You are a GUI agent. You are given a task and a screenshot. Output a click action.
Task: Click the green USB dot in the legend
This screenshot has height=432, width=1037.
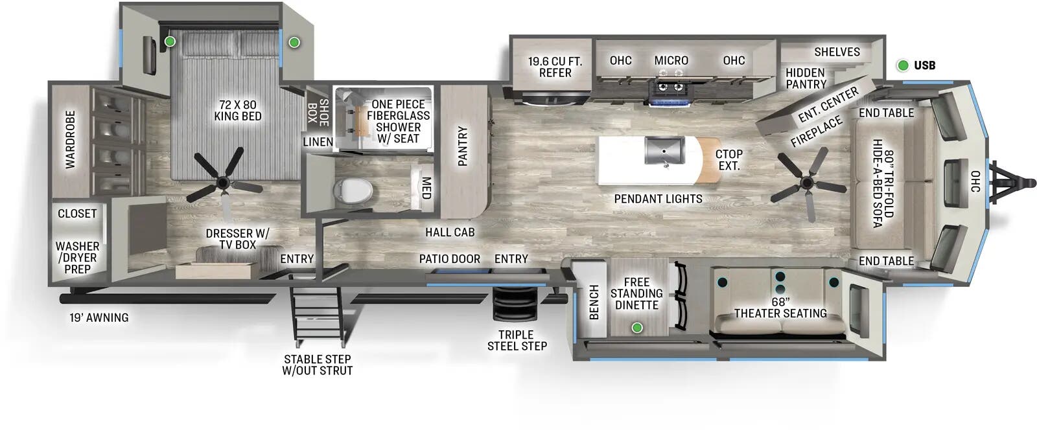902,65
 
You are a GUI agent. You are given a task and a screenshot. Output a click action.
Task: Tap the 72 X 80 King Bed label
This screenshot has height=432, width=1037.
237,110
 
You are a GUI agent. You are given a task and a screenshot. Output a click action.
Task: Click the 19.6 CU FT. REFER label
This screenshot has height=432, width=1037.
555,67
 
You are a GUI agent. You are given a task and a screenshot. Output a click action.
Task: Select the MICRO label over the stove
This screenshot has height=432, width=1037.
671,60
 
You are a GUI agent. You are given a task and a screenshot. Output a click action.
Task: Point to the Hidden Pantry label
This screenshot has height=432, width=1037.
806,78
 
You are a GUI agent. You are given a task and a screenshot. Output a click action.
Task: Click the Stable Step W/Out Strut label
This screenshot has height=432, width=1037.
318,365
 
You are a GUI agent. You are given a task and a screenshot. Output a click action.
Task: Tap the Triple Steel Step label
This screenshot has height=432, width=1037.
517,340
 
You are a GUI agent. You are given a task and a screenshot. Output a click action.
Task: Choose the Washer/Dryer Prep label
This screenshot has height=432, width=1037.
77,257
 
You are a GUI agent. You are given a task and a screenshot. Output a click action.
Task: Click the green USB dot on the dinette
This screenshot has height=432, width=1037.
637,328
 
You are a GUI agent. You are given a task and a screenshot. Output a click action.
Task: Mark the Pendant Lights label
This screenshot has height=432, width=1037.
658,199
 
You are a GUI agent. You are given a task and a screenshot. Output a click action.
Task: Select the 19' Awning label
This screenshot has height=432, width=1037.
99,317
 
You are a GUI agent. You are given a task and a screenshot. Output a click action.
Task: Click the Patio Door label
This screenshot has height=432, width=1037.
449,258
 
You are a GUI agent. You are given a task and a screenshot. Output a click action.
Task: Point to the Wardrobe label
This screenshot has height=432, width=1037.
70,139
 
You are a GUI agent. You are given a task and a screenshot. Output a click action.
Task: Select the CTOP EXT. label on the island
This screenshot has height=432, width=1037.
728,159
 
